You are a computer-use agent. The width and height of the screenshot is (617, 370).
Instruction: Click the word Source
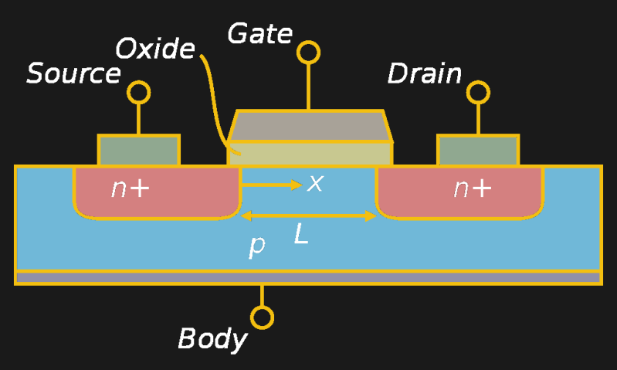coord(74,74)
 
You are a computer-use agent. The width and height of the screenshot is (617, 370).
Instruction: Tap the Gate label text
coord(260,35)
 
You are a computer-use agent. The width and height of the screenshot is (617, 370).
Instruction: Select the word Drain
coord(425,74)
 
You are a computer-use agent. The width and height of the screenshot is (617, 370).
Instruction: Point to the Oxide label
coord(155,49)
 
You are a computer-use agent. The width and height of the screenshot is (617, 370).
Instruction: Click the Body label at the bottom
coord(212,338)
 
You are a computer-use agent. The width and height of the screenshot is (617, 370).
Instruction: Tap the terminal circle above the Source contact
coord(139,93)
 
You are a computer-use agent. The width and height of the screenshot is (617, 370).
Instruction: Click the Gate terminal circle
coord(308,53)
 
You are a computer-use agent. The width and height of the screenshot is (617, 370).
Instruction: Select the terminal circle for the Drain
coord(478,93)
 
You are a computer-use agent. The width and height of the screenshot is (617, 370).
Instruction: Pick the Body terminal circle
coord(263,317)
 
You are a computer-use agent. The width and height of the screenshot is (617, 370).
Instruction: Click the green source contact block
coord(139,150)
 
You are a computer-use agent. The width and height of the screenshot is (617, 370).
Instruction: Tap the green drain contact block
coord(478,150)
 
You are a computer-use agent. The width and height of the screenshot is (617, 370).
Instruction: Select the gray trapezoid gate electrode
coord(310,126)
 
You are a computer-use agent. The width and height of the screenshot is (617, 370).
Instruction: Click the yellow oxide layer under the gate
coord(310,154)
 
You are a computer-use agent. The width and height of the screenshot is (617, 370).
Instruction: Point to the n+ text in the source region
coord(130,188)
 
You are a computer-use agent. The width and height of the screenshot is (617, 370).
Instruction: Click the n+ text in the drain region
coord(472,188)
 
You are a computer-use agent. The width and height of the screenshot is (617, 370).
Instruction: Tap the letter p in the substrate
coord(257,246)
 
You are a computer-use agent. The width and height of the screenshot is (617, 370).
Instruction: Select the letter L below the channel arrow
coord(301,235)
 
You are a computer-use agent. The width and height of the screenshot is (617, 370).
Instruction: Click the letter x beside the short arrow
coord(315,184)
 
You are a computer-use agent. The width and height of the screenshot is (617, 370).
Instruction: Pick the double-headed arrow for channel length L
coord(309,216)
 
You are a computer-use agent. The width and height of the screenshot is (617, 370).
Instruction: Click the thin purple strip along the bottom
coord(308,277)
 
